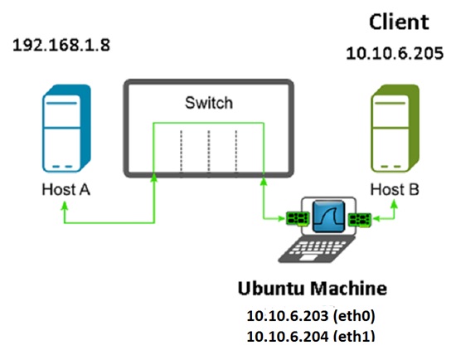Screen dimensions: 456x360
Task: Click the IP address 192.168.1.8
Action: click(61, 45)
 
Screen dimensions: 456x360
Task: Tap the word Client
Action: click(399, 22)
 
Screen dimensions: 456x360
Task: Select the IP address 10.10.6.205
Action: click(395, 53)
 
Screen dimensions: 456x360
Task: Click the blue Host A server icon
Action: click(66, 129)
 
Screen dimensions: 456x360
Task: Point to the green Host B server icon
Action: click(395, 129)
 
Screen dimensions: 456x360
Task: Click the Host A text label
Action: click(66, 189)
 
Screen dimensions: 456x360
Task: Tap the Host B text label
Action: click(395, 189)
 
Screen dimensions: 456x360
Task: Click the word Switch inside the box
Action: click(209, 103)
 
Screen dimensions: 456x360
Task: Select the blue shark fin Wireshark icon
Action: click(328, 216)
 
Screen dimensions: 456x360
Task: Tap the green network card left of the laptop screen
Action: click(297, 218)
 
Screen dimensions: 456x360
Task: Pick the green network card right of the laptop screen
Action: click(360, 219)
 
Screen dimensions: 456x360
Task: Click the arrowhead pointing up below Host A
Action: click(65, 206)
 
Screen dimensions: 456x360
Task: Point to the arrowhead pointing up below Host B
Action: click(395, 204)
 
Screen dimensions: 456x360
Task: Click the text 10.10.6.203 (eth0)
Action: click(311, 316)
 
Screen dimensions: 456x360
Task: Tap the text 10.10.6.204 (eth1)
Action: click(311, 336)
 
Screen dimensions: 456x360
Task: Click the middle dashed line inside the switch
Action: click(209, 151)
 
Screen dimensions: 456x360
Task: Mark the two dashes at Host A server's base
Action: click(62, 167)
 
